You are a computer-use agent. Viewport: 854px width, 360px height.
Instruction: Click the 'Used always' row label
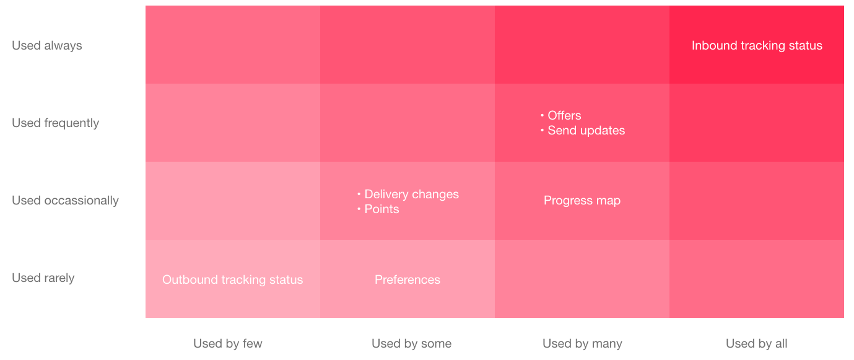[47, 45]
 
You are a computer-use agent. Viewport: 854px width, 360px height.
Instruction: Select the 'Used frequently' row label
[55, 123]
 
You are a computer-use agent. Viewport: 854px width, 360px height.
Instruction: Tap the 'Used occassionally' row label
[65, 200]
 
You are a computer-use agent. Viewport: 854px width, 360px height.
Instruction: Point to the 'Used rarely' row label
[43, 278]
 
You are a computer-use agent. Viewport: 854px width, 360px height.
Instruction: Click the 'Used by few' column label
[228, 343]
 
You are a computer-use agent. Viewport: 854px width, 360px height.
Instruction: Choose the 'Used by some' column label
[411, 343]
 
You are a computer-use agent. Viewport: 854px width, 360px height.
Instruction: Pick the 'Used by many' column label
[582, 343]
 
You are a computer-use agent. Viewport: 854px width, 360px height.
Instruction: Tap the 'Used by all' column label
[756, 343]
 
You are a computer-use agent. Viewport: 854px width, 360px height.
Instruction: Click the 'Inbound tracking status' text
[757, 45]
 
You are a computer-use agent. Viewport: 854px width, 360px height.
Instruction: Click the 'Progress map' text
[582, 200]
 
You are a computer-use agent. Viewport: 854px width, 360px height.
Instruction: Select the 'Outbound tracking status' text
[233, 279]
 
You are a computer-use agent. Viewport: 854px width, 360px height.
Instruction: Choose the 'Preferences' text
[407, 279]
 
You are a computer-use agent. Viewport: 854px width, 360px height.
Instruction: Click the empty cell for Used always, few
[233, 45]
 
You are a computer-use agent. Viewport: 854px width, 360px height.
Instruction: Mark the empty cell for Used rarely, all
[757, 279]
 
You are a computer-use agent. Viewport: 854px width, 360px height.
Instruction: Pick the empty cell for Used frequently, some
[407, 123]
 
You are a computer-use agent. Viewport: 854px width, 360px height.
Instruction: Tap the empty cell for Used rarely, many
[582, 279]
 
